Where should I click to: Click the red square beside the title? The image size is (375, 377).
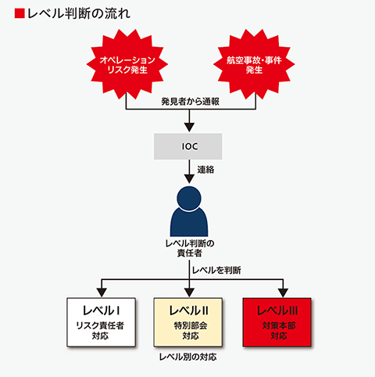click(20, 13)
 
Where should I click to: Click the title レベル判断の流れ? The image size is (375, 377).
click(78, 13)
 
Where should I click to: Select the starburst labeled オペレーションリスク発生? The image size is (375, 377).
click(127, 64)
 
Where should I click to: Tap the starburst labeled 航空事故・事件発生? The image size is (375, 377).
click(254, 64)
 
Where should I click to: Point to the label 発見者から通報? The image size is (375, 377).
click(190, 102)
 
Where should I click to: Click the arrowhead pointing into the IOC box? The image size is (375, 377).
click(189, 127)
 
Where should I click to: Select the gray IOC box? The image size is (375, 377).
click(188, 146)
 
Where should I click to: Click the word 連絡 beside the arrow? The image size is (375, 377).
click(205, 170)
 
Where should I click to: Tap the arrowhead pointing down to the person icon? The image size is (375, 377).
click(189, 179)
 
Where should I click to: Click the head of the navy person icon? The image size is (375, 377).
click(189, 198)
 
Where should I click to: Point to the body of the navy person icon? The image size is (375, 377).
click(189, 222)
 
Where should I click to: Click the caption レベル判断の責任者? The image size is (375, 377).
click(190, 248)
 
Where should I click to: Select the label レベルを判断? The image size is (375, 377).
click(216, 271)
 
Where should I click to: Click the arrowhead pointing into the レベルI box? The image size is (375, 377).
click(102, 293)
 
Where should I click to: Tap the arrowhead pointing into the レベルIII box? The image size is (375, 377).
click(283, 293)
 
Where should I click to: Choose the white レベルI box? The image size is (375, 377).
click(101, 322)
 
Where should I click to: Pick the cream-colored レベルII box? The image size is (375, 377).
click(188, 322)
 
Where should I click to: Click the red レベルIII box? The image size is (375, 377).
click(277, 322)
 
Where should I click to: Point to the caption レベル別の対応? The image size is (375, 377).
click(187, 357)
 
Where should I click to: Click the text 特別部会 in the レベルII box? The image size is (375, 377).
click(191, 325)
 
